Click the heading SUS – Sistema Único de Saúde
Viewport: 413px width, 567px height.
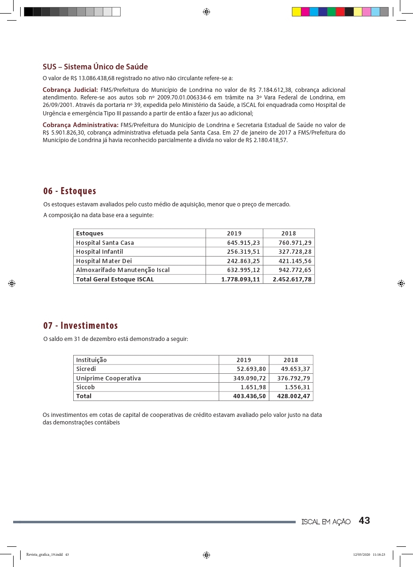(x=95, y=67)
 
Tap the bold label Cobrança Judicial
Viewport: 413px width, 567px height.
(x=70, y=90)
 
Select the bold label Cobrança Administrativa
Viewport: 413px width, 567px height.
(x=80, y=125)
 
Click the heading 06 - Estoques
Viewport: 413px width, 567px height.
(x=69, y=191)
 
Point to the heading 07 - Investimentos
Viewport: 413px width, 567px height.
(x=80, y=325)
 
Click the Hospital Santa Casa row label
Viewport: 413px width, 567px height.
(x=105, y=242)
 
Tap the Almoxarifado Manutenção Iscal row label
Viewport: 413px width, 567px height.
(x=123, y=270)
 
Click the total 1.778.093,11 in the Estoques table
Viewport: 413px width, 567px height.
(x=240, y=279)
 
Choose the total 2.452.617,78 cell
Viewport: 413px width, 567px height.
(x=292, y=279)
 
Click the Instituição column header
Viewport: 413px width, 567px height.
(x=92, y=360)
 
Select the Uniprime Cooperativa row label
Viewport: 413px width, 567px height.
(x=108, y=378)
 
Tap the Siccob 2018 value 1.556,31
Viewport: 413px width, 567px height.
(x=297, y=387)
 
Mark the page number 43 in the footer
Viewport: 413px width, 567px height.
(x=364, y=521)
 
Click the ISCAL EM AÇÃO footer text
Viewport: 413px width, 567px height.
(x=326, y=522)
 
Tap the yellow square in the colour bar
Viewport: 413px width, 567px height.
(x=297, y=12)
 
